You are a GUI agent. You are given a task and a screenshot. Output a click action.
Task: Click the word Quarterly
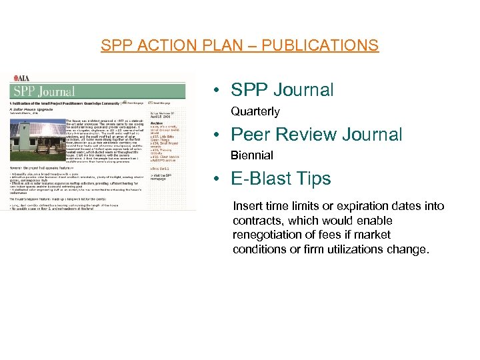point(255,111)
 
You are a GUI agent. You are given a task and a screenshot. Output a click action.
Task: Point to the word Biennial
point(252,155)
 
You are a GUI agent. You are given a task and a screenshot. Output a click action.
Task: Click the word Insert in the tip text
point(247,206)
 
